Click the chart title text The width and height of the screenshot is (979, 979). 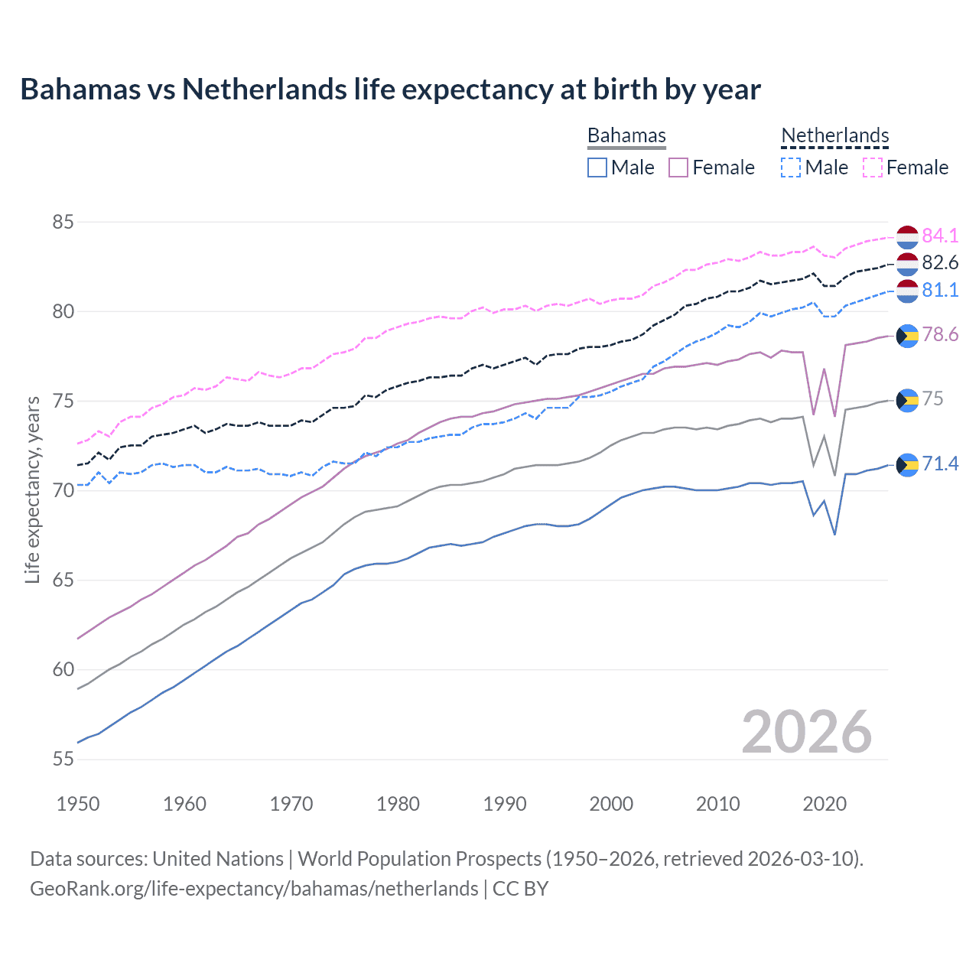(x=390, y=89)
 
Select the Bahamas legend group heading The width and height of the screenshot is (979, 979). (x=626, y=135)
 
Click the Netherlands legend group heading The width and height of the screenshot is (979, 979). (x=834, y=135)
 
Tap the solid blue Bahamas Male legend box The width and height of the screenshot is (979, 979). (x=597, y=168)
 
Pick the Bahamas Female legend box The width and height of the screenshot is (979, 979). (x=678, y=168)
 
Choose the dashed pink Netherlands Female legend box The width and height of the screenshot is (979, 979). (x=873, y=168)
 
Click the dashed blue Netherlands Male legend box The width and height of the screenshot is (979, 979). (x=791, y=168)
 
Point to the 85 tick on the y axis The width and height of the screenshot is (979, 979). (x=63, y=223)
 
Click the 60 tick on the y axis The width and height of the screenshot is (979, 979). (x=63, y=670)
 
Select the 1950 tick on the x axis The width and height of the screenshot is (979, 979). (x=78, y=804)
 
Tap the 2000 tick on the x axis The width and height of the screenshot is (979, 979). (x=611, y=804)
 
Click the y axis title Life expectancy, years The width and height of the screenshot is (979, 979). (x=32, y=489)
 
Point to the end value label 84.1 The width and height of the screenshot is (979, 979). (x=940, y=236)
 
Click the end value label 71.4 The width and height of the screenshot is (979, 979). (x=940, y=464)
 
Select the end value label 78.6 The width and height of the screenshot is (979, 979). (x=940, y=335)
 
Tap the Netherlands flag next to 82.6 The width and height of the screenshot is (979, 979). (x=907, y=264)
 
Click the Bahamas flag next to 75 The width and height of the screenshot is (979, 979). (x=907, y=400)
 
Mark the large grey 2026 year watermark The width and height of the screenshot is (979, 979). (x=806, y=732)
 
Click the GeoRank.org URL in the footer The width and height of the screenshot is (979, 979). (x=254, y=889)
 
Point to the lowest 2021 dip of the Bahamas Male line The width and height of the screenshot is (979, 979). (x=834, y=534)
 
